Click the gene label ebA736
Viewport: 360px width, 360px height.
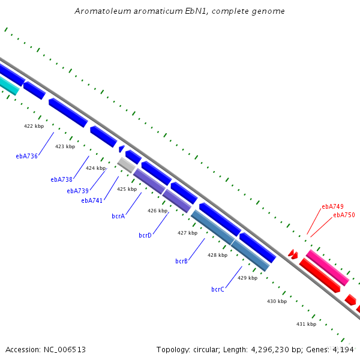coord(26,156)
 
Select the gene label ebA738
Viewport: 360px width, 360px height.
coord(62,179)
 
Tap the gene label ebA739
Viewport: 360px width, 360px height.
coord(77,191)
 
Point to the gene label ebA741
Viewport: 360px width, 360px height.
coord(92,200)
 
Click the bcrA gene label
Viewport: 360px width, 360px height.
coord(118,216)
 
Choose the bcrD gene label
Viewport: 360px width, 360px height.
coord(145,235)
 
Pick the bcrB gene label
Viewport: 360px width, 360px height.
coord(181,261)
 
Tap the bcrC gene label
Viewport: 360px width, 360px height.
coord(218,289)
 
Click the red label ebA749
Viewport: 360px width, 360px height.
coord(332,206)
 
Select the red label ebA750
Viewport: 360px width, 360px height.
coord(344,215)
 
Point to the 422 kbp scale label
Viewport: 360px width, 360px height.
coord(34,126)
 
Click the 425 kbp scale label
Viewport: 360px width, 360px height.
coord(127,189)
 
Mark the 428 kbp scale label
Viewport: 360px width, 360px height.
coord(217,255)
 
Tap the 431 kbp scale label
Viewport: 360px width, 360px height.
coord(306,324)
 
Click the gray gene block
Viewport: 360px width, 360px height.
coord(126,165)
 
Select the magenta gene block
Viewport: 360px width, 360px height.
coord(328,268)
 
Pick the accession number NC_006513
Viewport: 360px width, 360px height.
coord(65,350)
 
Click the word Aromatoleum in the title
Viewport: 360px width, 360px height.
coord(103,11)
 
